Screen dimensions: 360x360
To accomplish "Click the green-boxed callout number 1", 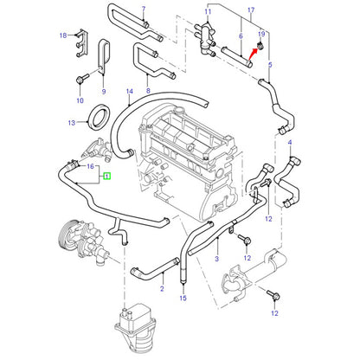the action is [x=107, y=176].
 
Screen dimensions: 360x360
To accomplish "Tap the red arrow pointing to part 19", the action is [x=252, y=55].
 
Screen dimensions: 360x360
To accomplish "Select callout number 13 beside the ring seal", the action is [x=72, y=123].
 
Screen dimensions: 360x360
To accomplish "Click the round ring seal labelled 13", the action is [x=100, y=117].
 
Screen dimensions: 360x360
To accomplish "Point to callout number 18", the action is [x=63, y=35].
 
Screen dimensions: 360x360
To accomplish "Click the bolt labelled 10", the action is [x=82, y=79].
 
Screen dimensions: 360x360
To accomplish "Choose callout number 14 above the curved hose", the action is [x=130, y=92].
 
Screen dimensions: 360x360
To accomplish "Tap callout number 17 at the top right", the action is [x=251, y=10].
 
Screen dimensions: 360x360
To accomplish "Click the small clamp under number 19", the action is [x=260, y=45].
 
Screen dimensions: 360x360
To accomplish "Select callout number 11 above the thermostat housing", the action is [x=208, y=12].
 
